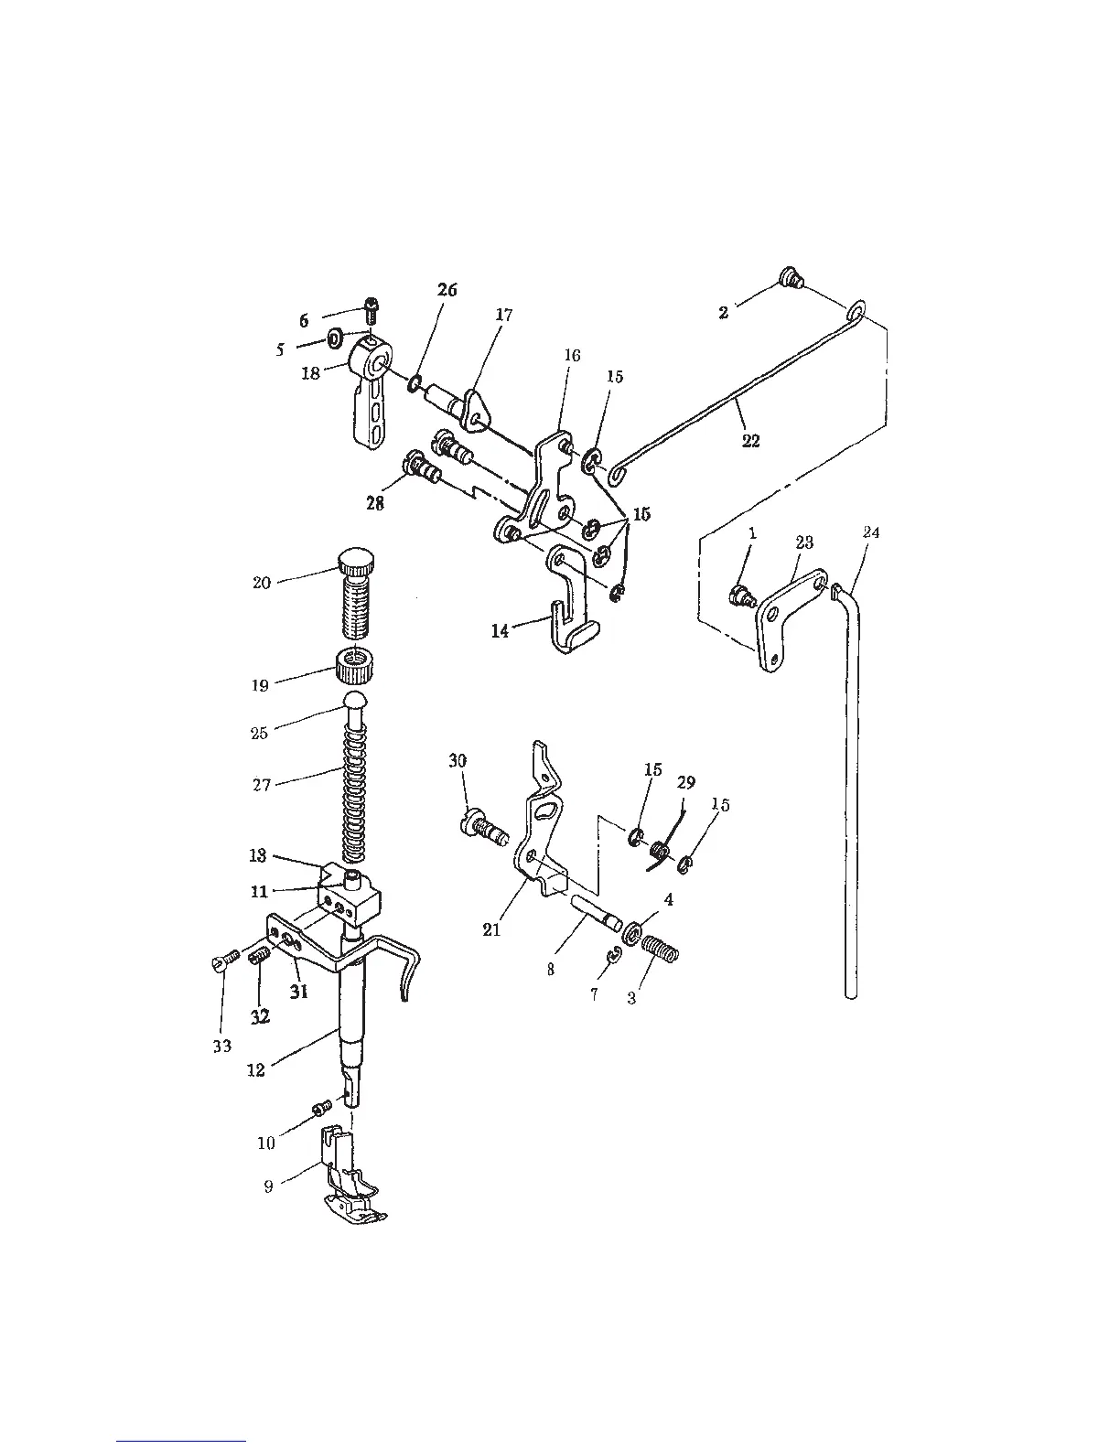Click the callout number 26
(447, 290)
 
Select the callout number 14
(500, 630)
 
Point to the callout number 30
(458, 760)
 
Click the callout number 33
(222, 1046)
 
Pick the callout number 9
(268, 1186)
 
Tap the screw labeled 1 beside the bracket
(738, 596)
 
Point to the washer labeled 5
(335, 340)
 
